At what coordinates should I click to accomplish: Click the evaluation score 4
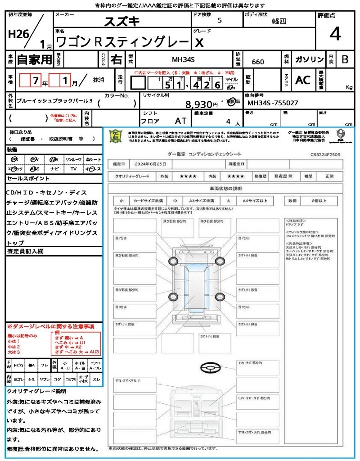(335, 34)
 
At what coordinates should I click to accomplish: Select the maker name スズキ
(121, 22)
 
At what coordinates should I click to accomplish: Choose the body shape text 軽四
(279, 21)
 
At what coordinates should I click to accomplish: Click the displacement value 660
(258, 62)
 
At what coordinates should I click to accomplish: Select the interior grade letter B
(345, 59)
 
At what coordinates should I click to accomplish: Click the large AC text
(303, 80)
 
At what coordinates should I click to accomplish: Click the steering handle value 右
(116, 59)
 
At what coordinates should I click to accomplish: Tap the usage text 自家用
(34, 59)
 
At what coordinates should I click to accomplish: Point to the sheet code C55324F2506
(325, 154)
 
